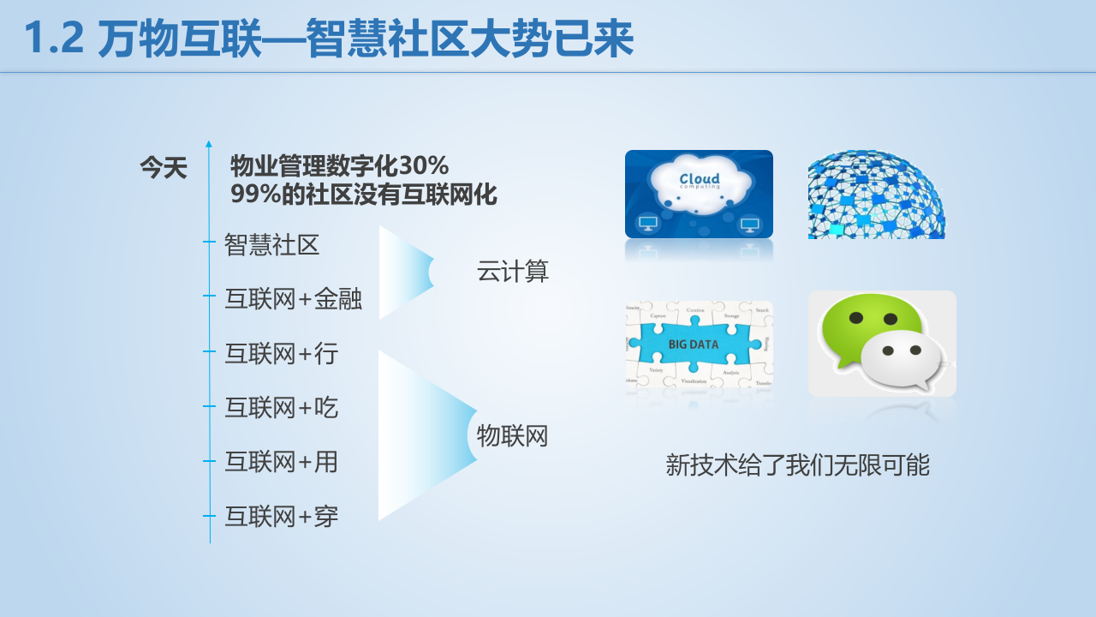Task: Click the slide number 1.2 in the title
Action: click(x=54, y=39)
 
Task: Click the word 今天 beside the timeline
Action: click(x=164, y=168)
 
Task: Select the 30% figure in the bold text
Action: click(x=421, y=165)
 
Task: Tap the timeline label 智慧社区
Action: click(x=271, y=245)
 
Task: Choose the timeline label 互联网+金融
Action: click(x=293, y=299)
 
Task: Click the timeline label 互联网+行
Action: click(x=282, y=353)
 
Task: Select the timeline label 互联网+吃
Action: click(x=282, y=407)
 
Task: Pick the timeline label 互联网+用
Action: click(x=282, y=462)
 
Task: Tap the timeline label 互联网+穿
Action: click(x=282, y=517)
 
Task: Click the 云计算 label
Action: click(x=513, y=272)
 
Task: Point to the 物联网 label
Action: click(x=512, y=436)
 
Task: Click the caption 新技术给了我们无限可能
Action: click(x=797, y=465)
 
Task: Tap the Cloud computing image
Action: click(x=699, y=194)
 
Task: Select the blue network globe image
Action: click(x=876, y=195)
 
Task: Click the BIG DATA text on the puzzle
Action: click(x=694, y=344)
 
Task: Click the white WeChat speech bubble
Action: click(x=901, y=358)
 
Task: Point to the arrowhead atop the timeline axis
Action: click(x=209, y=144)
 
